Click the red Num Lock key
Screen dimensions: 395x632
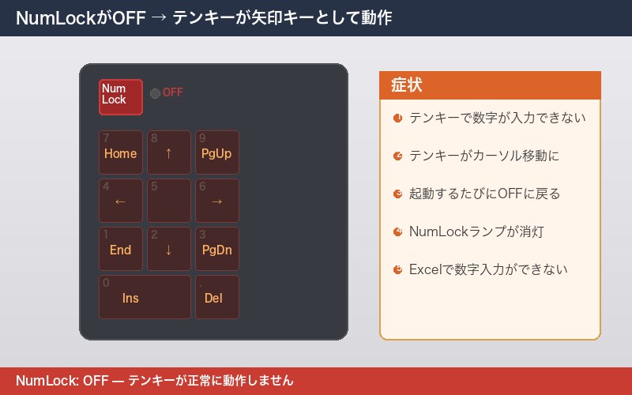pos(120,96)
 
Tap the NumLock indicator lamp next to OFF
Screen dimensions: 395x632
pos(155,93)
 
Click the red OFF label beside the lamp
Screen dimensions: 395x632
pos(172,93)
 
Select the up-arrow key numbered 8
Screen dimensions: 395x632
pos(168,152)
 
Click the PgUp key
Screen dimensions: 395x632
pos(216,152)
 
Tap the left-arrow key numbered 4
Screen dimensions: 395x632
pos(120,201)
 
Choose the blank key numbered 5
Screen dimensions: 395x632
pos(168,201)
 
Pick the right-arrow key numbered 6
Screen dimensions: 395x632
pos(216,201)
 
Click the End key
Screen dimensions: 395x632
pos(120,249)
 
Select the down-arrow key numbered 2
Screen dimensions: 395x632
pos(168,249)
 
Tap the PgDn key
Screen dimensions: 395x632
pos(216,249)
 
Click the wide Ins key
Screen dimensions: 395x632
pos(145,297)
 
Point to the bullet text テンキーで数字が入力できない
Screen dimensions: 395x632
pos(497,118)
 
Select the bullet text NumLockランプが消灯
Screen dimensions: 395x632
pos(476,231)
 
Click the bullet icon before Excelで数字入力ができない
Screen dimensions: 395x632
pos(397,269)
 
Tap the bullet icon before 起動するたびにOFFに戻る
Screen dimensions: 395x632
pos(397,194)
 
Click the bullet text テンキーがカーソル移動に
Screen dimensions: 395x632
pos(484,156)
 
